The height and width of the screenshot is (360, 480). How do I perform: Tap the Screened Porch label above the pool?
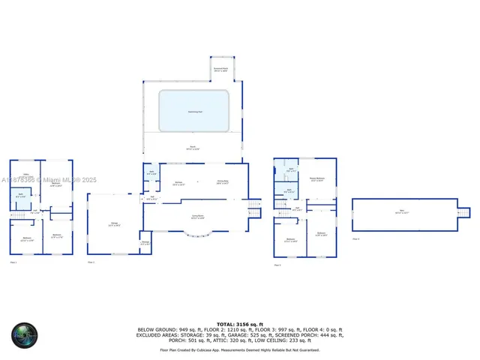220,69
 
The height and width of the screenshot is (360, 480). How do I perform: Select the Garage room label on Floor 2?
113,224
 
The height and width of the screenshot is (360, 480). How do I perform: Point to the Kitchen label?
179,183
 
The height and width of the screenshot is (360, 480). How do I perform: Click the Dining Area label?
223,182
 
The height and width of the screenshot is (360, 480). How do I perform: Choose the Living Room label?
198,217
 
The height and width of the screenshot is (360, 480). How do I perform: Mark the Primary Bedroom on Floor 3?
316,179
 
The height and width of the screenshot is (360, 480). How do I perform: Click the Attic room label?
406,214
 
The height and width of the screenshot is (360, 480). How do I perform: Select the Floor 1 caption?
13,262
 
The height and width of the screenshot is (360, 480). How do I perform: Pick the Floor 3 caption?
277,265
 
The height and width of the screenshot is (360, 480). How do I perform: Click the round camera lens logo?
24,334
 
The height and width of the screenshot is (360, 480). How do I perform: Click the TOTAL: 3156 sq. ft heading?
239,324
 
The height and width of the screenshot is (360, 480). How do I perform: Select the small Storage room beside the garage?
145,242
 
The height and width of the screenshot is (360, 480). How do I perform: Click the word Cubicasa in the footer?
220,349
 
